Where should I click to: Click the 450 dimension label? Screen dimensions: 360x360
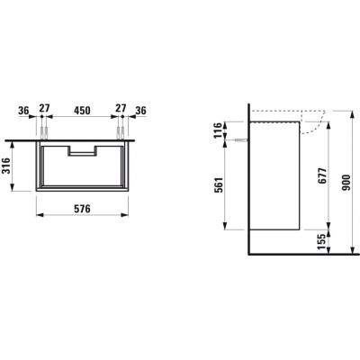82,111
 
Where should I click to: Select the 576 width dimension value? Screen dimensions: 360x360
82,209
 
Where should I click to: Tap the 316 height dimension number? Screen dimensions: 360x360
6,166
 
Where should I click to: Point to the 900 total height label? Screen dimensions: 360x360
346,183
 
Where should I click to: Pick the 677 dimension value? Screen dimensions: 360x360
322,175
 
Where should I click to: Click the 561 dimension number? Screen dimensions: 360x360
220,185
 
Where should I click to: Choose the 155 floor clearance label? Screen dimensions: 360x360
322,242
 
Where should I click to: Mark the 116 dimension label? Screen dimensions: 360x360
219,130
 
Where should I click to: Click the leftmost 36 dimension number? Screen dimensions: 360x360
23,111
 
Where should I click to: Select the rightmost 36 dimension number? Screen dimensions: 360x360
140,111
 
